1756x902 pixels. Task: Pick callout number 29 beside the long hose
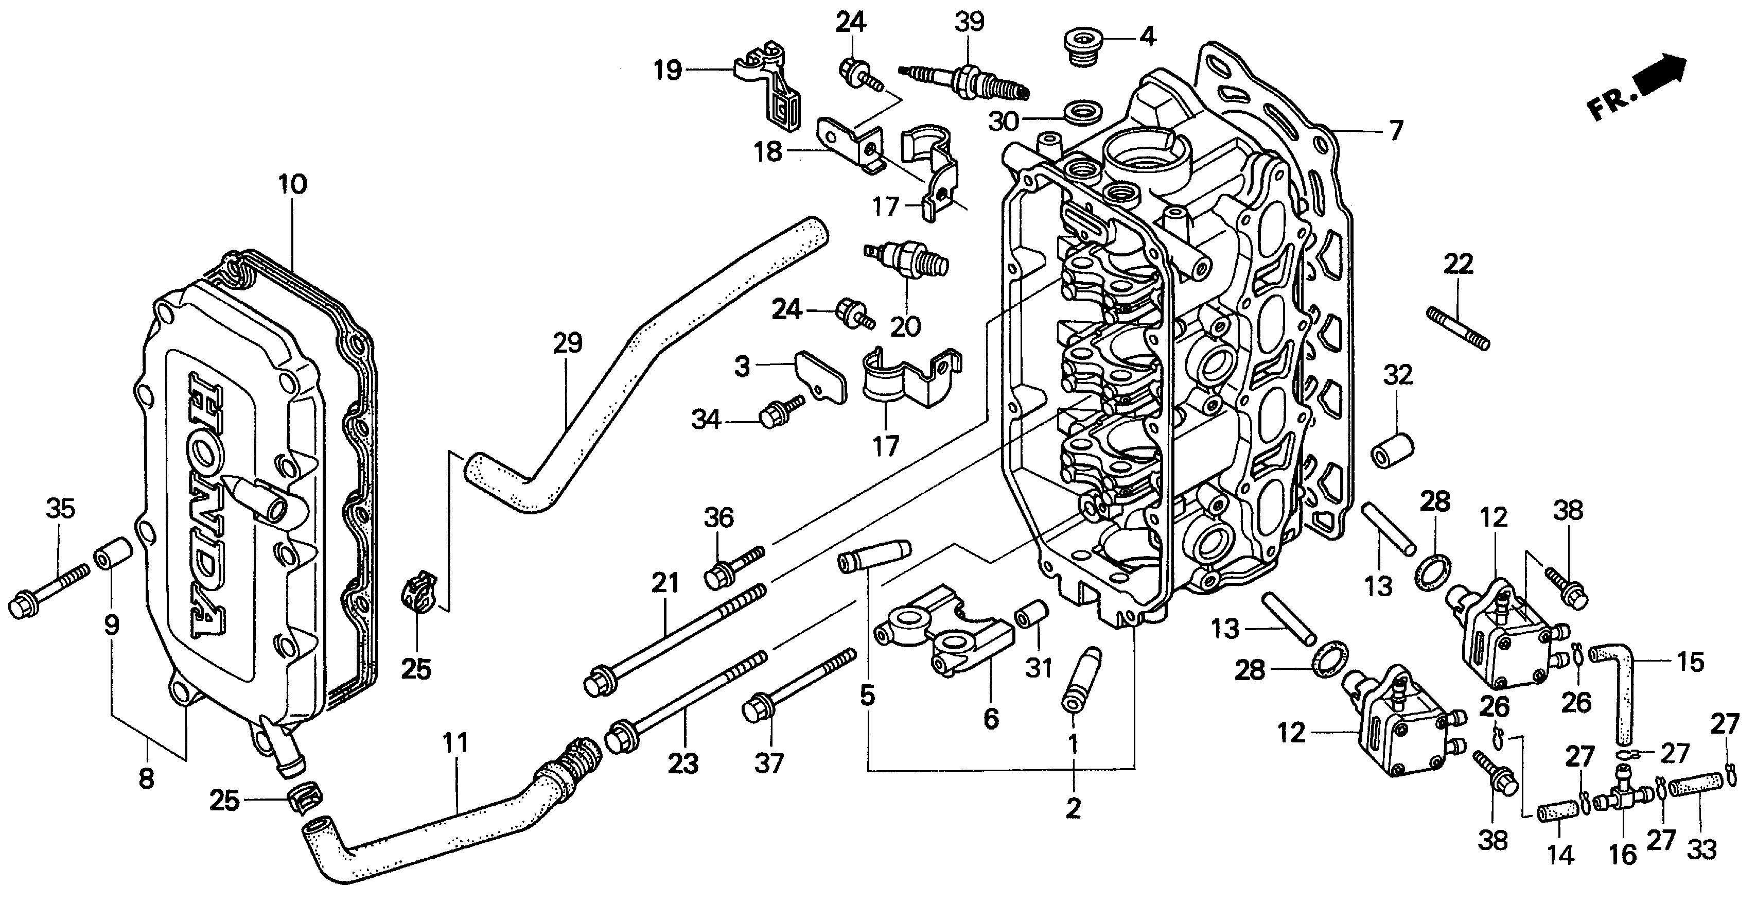(x=567, y=342)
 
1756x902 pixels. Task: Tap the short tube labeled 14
(x=1558, y=814)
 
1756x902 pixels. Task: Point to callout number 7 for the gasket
(x=1395, y=130)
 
